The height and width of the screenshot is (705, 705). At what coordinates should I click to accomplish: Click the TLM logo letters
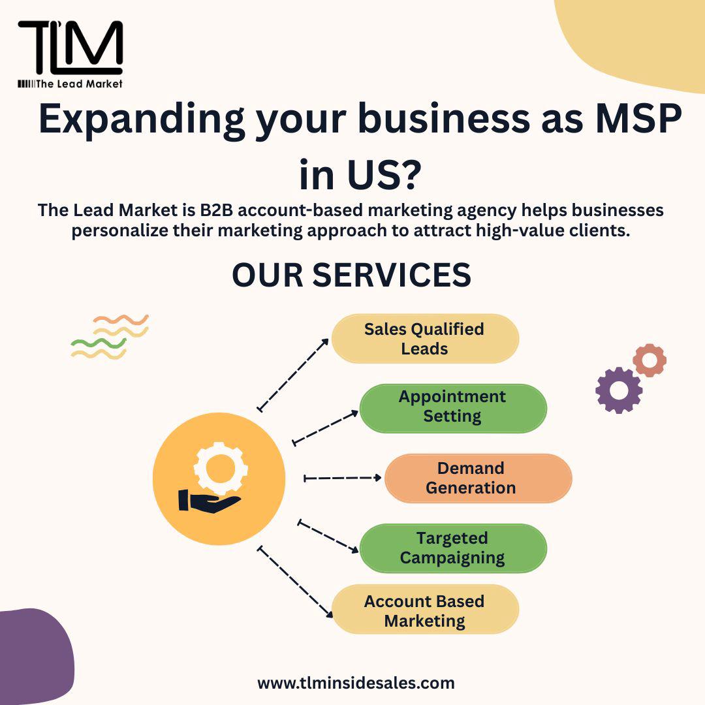(x=70, y=47)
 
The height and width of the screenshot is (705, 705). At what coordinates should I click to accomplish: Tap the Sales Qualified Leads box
(x=424, y=339)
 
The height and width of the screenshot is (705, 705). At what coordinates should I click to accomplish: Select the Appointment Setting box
(x=452, y=407)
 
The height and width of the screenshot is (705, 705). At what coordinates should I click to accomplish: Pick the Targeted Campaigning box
(x=452, y=548)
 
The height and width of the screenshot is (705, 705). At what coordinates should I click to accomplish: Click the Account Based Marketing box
(x=424, y=610)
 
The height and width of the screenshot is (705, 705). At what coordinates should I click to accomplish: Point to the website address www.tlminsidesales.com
(x=356, y=683)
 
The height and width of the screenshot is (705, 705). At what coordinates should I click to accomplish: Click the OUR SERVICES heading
(x=352, y=275)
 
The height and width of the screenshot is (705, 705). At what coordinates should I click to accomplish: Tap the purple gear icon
(x=619, y=390)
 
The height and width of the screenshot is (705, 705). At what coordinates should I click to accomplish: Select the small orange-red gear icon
(x=650, y=360)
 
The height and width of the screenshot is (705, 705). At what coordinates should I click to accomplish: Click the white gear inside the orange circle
(x=221, y=466)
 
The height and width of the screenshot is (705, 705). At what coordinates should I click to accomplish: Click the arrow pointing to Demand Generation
(x=343, y=478)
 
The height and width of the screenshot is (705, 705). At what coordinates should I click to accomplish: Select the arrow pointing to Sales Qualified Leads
(x=293, y=375)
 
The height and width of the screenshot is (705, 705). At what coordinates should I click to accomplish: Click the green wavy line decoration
(x=98, y=343)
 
